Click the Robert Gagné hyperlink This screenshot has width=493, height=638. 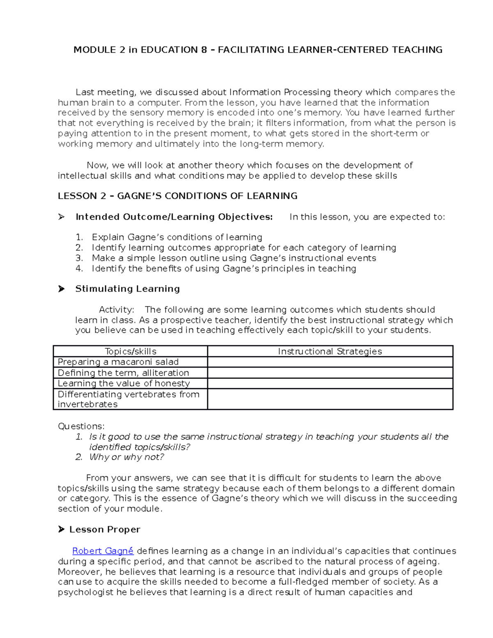click(103, 551)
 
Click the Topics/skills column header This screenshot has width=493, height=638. click(131, 351)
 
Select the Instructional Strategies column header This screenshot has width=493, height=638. click(330, 351)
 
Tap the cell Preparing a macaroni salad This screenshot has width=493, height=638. click(118, 362)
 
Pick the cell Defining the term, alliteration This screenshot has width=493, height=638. click(123, 373)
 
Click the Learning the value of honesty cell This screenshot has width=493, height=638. click(124, 383)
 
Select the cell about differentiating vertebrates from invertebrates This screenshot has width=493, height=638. click(129, 399)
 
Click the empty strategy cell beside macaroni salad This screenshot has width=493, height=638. click(330, 362)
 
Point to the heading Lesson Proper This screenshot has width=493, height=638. click(105, 530)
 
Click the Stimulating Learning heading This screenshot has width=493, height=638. click(127, 289)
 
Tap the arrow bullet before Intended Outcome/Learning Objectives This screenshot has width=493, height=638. click(62, 217)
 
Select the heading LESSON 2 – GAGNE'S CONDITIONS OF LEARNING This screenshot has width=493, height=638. click(177, 196)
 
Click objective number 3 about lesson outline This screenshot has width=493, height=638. click(234, 258)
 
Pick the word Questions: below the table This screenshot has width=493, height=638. click(81, 426)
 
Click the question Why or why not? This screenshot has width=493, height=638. click(127, 457)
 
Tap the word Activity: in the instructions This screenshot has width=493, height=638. click(116, 310)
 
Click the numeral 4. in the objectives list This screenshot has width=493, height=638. click(79, 269)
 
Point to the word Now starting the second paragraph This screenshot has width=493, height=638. click(97, 166)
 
